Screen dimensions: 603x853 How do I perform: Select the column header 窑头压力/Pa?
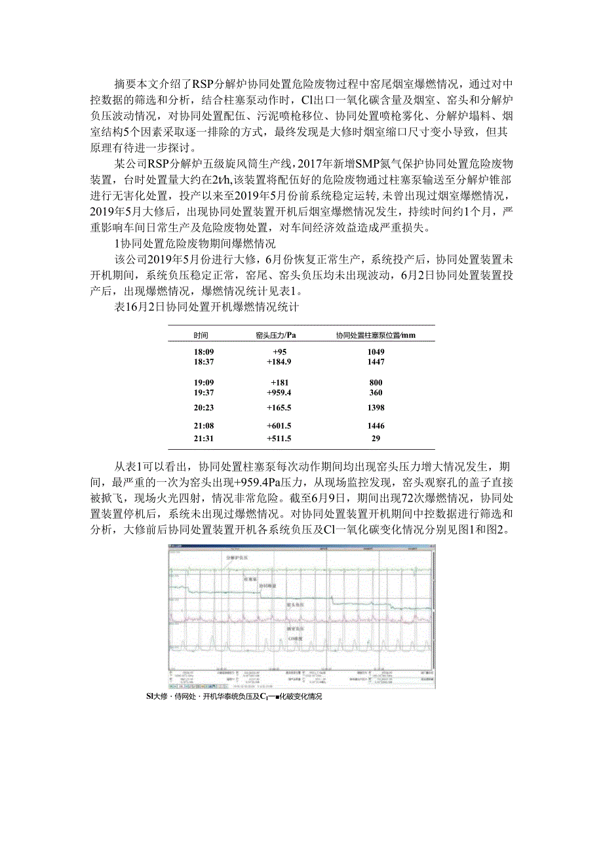coord(275,335)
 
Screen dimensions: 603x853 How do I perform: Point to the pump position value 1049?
coord(376,351)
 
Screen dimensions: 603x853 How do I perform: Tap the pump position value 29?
coord(376,439)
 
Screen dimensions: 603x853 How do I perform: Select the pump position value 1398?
coord(376,408)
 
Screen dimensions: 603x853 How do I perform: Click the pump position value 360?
coord(376,393)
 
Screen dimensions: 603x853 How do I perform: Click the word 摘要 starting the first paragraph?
coord(125,84)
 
